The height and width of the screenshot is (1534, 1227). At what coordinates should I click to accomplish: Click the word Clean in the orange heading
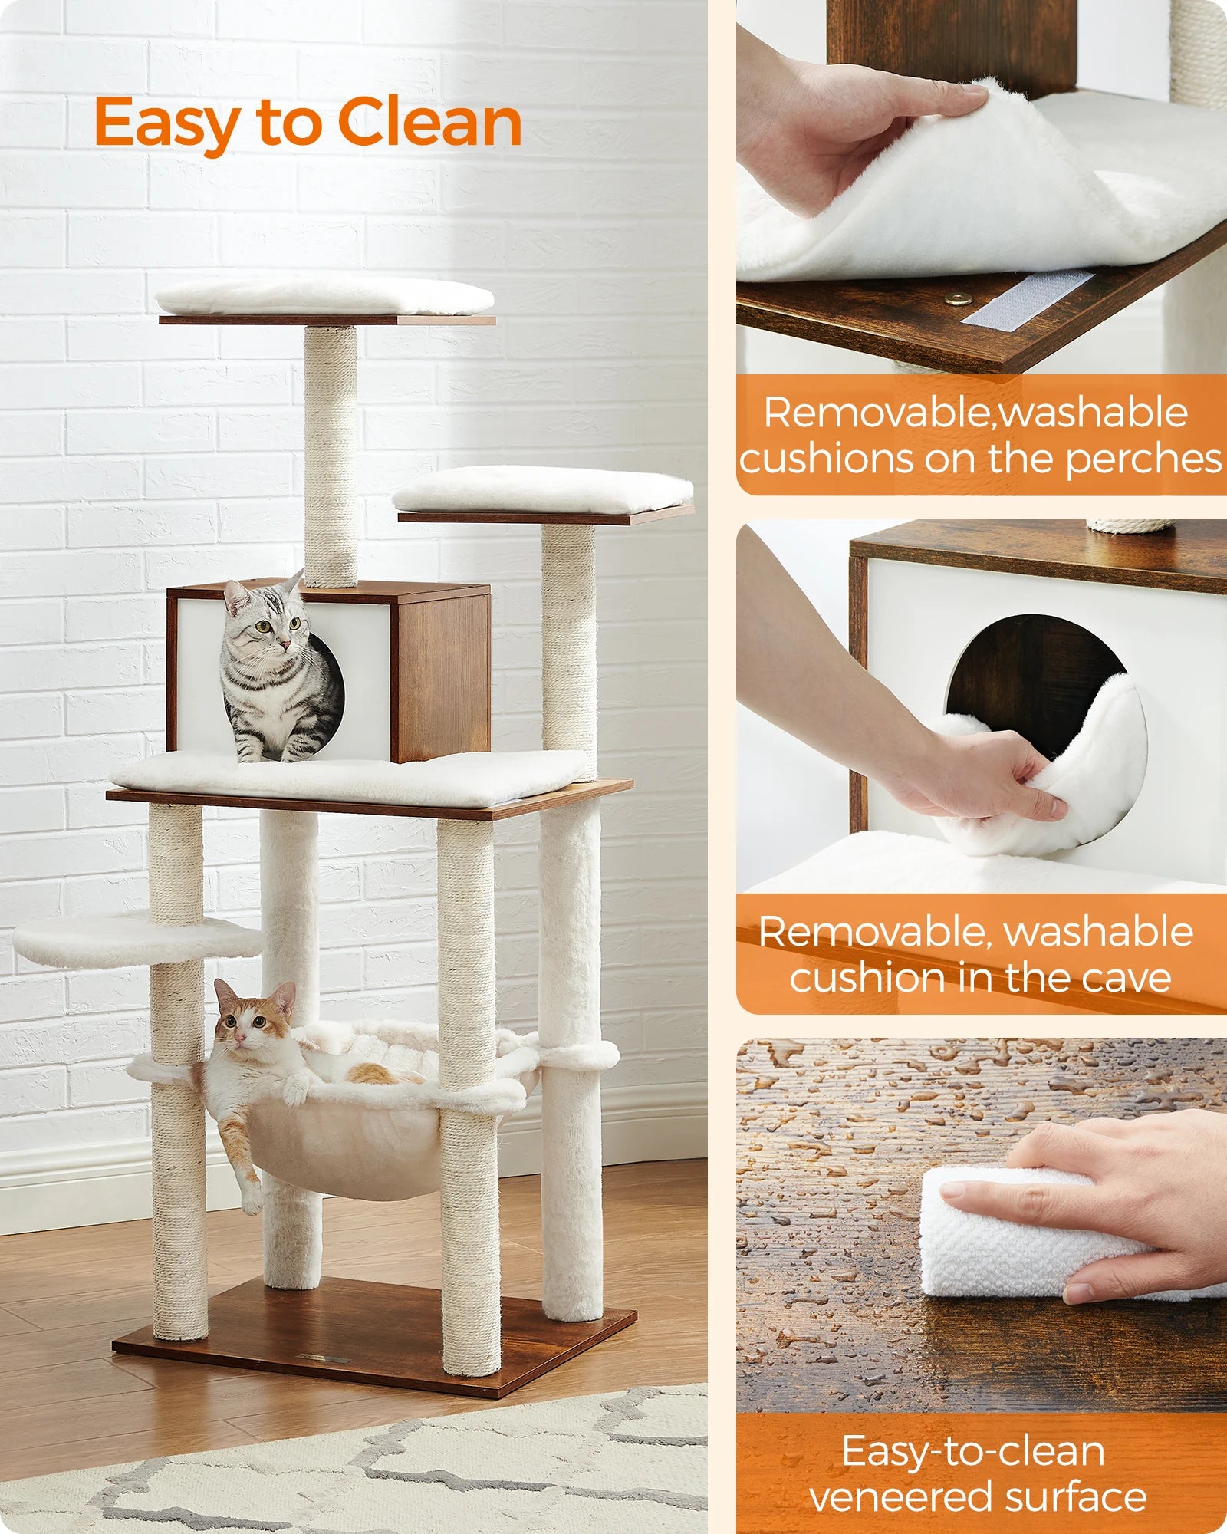click(x=429, y=123)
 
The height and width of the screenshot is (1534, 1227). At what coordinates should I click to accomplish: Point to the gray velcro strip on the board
click(x=1028, y=300)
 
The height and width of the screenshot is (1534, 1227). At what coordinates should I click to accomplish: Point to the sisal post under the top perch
click(x=331, y=456)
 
